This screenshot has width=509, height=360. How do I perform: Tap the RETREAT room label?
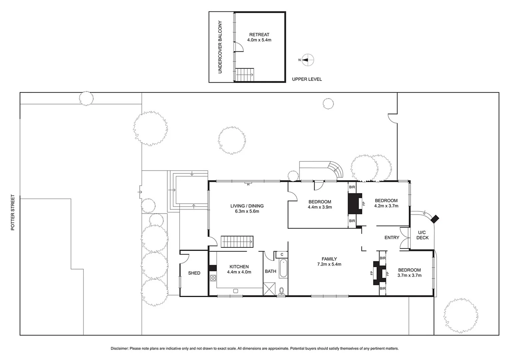click(259, 35)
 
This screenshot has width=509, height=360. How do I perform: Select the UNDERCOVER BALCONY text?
click(220, 47)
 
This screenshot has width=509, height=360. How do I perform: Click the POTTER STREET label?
click(13, 213)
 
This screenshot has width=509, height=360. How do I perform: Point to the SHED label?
click(194, 273)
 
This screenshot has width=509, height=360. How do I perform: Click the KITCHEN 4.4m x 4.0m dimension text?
click(239, 272)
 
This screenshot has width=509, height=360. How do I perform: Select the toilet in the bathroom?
click(282, 291)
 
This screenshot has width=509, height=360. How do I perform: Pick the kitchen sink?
click(236, 291)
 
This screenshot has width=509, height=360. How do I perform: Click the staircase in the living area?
click(237, 242)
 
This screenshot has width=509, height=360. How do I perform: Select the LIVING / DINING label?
click(247, 206)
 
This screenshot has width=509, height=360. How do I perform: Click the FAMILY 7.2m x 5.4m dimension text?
click(329, 264)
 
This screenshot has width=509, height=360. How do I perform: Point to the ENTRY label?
click(392, 238)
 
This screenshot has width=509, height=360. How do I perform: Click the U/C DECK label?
click(422, 235)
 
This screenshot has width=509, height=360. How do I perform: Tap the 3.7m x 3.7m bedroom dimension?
click(409, 275)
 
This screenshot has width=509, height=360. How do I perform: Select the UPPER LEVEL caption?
click(307, 79)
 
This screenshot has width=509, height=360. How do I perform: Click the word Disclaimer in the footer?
click(119, 349)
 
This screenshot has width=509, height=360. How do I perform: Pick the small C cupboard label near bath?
click(282, 255)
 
